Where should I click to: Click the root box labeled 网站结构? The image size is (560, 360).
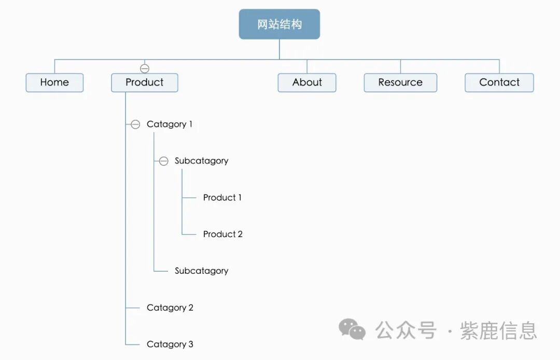click(279, 24)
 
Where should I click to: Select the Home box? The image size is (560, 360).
click(54, 82)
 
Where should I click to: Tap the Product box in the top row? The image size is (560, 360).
click(144, 82)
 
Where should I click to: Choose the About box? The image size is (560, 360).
click(307, 82)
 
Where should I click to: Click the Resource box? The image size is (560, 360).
click(400, 82)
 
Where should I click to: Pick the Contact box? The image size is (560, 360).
click(499, 82)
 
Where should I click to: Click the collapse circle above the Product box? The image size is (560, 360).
click(145, 68)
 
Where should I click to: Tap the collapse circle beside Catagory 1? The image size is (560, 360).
click(135, 124)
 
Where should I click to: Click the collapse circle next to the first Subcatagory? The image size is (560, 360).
click(163, 161)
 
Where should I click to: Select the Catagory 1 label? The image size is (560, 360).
click(170, 124)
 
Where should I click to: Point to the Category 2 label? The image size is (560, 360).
click(170, 308)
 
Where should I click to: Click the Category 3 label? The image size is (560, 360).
click(170, 344)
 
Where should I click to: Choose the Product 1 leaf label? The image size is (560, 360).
click(222, 198)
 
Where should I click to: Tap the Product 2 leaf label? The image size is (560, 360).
click(223, 234)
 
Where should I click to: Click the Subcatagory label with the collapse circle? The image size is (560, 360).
click(201, 161)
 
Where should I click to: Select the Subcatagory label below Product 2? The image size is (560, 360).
click(201, 271)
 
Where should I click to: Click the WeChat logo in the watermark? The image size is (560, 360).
click(352, 330)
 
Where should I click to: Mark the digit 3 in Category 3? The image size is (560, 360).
click(191, 344)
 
